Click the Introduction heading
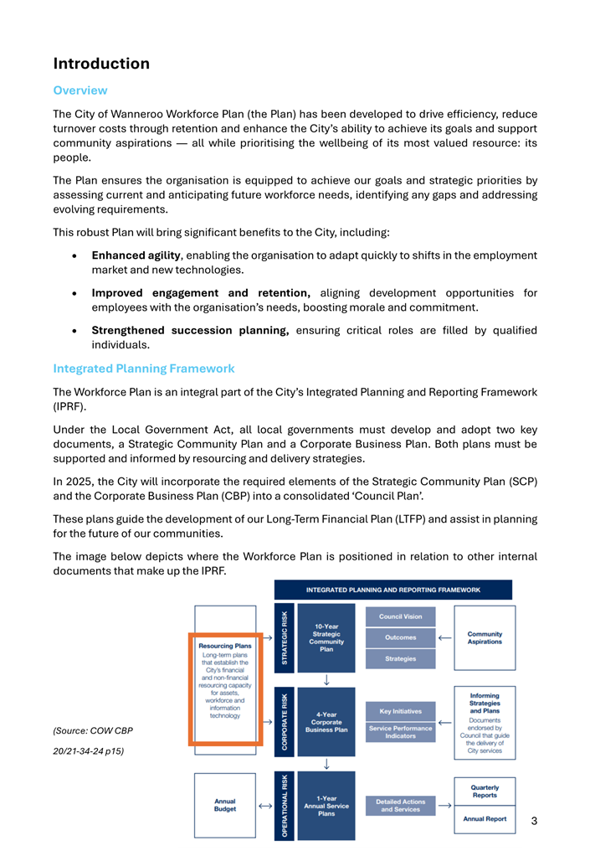[101, 64]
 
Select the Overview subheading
[80, 90]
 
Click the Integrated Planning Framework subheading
[144, 369]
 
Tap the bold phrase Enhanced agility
[136, 255]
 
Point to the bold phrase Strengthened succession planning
[190, 330]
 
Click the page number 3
[534, 821]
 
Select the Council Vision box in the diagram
[401, 616]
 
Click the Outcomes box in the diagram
[401, 637]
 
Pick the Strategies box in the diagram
[401, 658]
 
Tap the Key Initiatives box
[401, 711]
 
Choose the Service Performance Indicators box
[401, 732]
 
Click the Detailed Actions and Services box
[401, 805]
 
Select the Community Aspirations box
[485, 637]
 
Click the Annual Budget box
[225, 805]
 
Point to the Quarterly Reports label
[485, 792]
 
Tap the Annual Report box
[485, 818]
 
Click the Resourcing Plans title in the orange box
[225, 646]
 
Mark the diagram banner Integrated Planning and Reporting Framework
[393, 590]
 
